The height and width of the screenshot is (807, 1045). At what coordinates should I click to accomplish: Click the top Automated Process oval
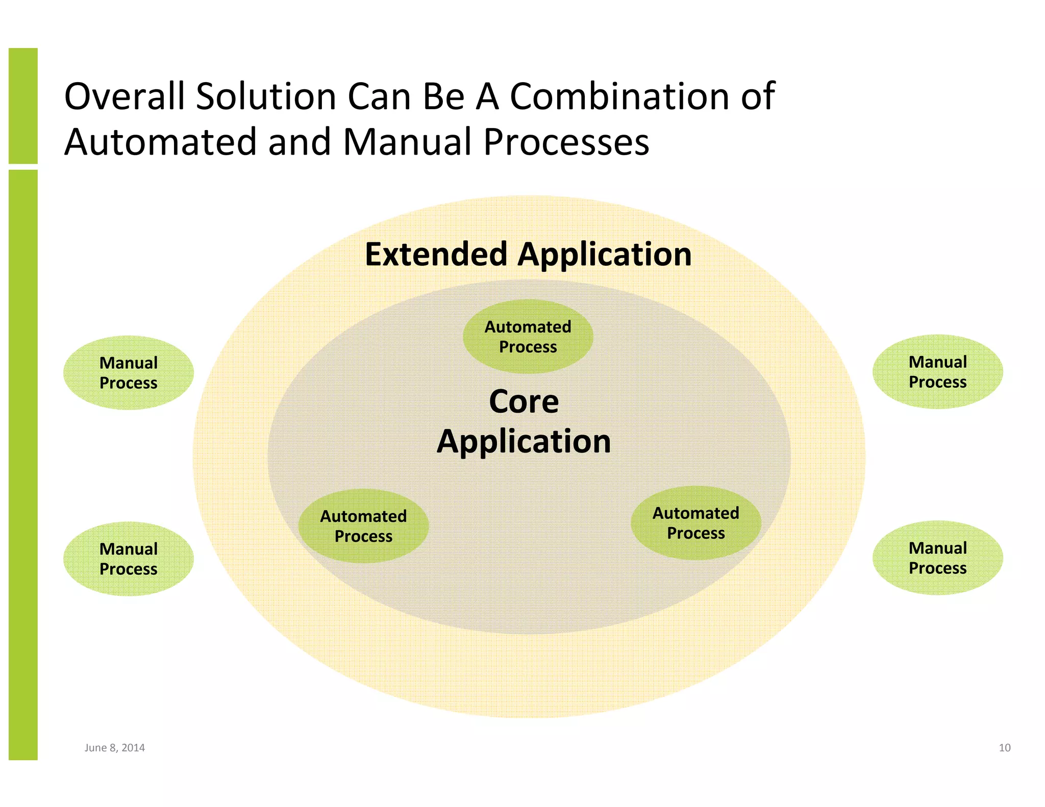coord(528,337)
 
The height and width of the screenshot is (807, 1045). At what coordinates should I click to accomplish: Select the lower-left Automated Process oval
coord(363,526)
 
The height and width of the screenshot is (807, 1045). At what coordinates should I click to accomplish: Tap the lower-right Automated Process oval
coord(695,523)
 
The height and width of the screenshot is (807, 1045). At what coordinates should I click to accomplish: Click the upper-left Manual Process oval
coord(129,373)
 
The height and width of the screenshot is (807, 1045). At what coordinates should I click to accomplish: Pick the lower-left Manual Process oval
coord(129,559)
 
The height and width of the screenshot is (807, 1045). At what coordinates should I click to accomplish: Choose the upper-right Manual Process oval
coord(937,372)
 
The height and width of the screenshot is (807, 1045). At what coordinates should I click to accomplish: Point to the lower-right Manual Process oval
coord(937,558)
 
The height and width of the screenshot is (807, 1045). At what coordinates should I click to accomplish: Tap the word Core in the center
coord(524,401)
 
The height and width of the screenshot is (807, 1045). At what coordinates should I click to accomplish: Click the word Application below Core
coord(524,441)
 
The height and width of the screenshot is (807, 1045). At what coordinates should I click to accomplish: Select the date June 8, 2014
coord(114,748)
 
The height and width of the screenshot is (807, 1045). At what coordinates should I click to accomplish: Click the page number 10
coord(1004,748)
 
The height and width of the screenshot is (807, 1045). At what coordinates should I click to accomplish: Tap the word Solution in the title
coord(265,96)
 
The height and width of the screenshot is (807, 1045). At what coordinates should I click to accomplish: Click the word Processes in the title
coord(566,142)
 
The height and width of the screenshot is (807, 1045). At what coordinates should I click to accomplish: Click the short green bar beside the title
coord(23,106)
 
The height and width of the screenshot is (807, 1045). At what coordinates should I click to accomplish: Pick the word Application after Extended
coord(605,255)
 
